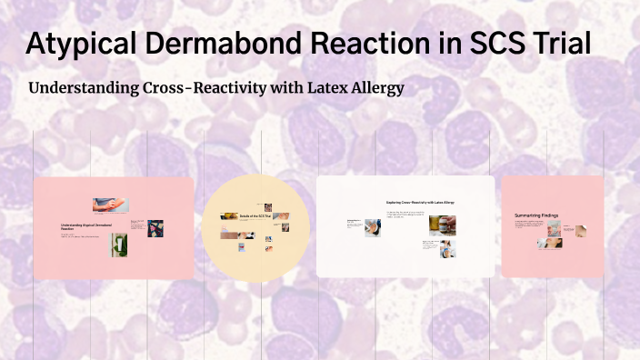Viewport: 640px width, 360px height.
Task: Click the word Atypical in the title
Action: [79, 44]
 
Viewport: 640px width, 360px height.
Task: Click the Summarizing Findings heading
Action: [536, 215]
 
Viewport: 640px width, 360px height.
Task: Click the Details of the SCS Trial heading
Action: [255, 216]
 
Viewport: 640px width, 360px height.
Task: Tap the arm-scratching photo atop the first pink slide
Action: [110, 205]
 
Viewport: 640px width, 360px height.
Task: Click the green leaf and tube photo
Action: [119, 245]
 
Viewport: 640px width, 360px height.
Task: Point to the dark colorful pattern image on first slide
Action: [155, 228]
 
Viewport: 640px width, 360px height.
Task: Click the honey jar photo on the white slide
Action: [442, 225]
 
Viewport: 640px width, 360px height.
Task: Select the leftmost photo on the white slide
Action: [373, 228]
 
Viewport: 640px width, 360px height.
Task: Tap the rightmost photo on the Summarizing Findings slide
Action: [578, 232]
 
